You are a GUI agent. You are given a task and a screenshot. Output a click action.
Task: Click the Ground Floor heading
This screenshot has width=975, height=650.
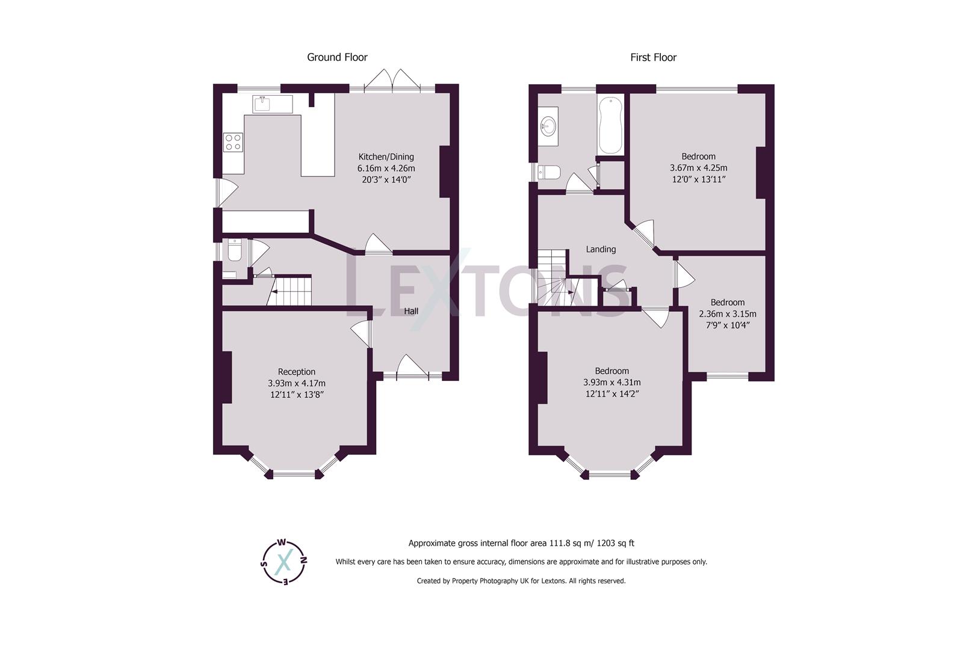coord(337,57)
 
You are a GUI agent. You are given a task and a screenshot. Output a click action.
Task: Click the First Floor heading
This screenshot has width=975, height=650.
coord(653,57)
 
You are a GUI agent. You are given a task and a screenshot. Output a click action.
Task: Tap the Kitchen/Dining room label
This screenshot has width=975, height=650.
coord(386,156)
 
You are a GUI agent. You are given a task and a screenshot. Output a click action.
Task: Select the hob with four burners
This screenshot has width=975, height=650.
coord(233,142)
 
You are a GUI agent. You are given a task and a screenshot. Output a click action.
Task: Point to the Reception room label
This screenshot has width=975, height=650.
coord(296,371)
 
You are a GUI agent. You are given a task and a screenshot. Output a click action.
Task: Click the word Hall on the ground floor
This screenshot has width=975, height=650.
coord(411,311)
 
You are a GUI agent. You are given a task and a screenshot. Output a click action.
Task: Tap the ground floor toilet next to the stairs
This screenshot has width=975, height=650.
coord(234,250)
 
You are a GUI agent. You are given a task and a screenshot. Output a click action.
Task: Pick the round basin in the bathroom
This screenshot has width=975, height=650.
coord(549,126)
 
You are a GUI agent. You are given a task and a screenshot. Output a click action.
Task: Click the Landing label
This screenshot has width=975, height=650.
coord(601,249)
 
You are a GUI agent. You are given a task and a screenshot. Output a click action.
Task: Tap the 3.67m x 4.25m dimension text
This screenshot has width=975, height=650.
coord(698,168)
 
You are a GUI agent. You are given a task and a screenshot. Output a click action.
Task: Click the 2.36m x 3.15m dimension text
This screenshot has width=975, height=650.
coord(727,314)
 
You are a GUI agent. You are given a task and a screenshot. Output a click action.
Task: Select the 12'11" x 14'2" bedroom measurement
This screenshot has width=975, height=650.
coord(611,394)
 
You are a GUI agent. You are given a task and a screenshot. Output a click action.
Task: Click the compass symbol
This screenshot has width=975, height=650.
coord(285,562)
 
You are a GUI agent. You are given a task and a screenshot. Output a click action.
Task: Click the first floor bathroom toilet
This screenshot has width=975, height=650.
coord(549,173)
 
